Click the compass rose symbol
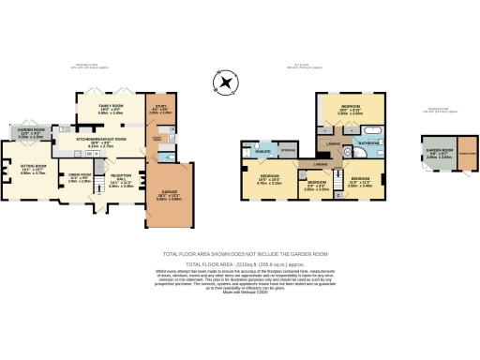click(225, 84)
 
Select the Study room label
click(160, 109)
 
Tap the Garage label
click(170, 194)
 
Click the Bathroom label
click(367, 142)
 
